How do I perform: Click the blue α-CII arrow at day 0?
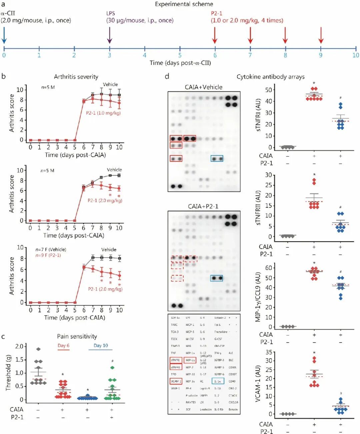[x=4, y=35]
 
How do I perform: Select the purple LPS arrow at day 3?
[x=110, y=35]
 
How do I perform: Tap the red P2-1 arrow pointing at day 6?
[x=215, y=35]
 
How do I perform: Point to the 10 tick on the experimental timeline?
[x=356, y=55]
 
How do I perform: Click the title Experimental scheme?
[x=184, y=4]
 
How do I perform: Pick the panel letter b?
[x=4, y=76]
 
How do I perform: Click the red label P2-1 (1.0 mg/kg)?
[x=103, y=113]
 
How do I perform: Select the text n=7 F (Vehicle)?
[x=51, y=250]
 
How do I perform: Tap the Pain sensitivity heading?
[x=77, y=336]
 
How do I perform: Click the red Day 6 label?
[x=63, y=346]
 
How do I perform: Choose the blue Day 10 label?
[x=101, y=346]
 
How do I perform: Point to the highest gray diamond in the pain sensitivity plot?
[x=38, y=349]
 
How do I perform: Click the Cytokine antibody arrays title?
[x=270, y=77]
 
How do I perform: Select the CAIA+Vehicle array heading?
[x=203, y=87]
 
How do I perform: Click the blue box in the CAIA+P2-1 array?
[x=217, y=278]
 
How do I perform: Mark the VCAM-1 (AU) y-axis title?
[x=258, y=384]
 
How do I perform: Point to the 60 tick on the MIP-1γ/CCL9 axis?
[x=268, y=268]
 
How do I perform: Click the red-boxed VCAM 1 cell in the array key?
[x=176, y=381]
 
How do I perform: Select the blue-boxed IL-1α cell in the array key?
[x=218, y=381]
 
